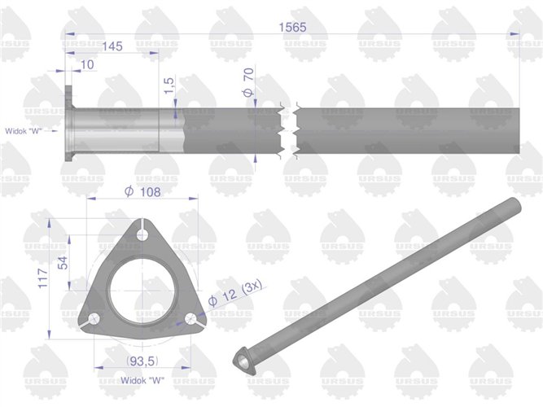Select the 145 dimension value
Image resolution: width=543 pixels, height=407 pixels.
(113, 47)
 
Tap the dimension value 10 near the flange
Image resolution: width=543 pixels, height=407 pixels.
(88, 64)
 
